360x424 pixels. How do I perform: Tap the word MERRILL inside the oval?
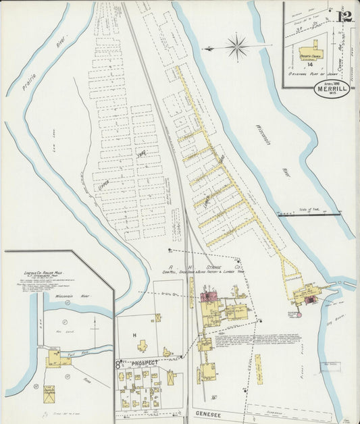pos(331,90)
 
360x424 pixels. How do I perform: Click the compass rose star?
pos(237,47)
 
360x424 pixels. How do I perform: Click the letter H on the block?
pos(134,336)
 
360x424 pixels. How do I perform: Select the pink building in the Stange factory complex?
pos(207,296)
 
